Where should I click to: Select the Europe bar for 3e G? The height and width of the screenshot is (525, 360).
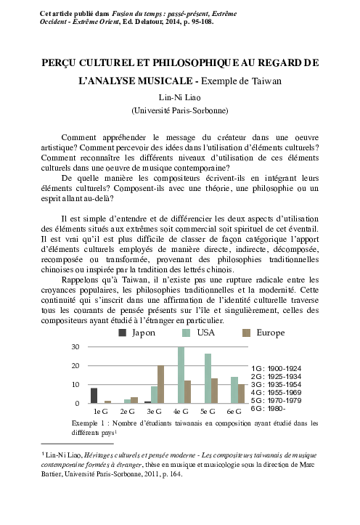(x=160, y=384)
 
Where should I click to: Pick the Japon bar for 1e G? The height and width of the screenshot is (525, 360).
(x=94, y=395)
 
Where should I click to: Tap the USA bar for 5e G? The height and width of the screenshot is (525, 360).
(x=208, y=378)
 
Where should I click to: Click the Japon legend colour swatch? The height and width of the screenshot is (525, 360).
(x=123, y=333)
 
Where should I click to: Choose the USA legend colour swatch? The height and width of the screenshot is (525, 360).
(x=186, y=333)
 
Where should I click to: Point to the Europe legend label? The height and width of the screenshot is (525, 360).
(x=271, y=333)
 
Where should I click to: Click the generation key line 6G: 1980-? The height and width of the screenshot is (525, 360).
(x=269, y=409)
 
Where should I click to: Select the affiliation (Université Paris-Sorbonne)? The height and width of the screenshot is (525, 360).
(x=179, y=110)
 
